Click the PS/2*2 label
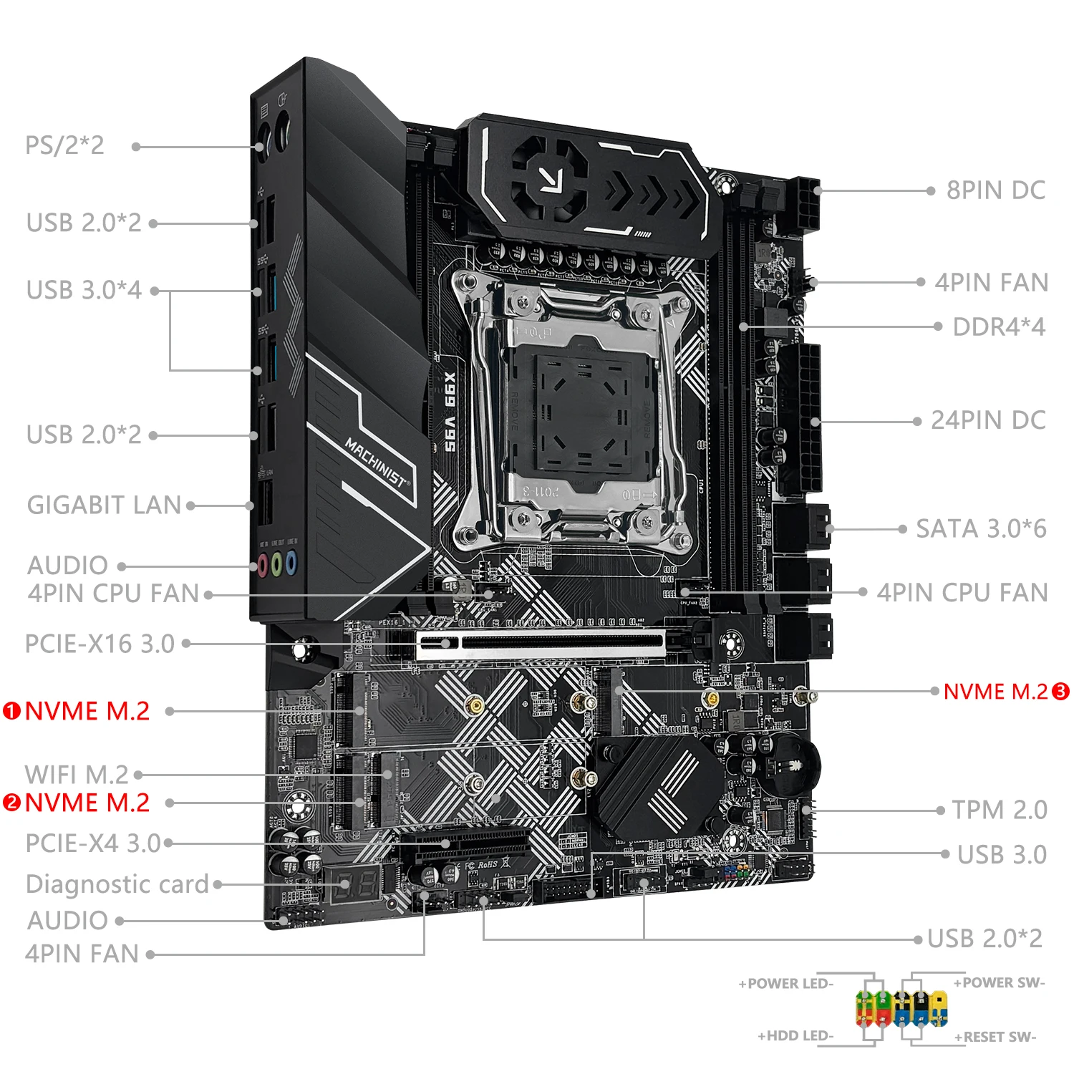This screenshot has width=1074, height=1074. point(64,145)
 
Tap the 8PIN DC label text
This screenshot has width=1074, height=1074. point(995,190)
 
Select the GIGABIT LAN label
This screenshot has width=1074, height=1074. point(105,505)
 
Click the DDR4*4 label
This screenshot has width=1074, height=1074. point(999,327)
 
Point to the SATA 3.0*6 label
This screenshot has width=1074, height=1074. point(981,529)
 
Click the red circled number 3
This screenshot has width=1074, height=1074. point(1060,692)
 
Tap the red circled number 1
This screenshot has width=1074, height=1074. point(11,711)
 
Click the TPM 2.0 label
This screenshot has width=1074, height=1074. point(1000,811)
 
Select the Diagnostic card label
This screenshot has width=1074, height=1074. point(117,884)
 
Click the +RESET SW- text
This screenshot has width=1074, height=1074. point(995,1037)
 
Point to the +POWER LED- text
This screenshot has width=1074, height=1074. point(786,984)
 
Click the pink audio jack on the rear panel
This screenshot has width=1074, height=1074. point(263,566)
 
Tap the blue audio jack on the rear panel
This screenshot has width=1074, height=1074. point(291,563)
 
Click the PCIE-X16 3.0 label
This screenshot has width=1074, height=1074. point(100,644)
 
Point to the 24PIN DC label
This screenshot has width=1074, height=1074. point(988,421)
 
